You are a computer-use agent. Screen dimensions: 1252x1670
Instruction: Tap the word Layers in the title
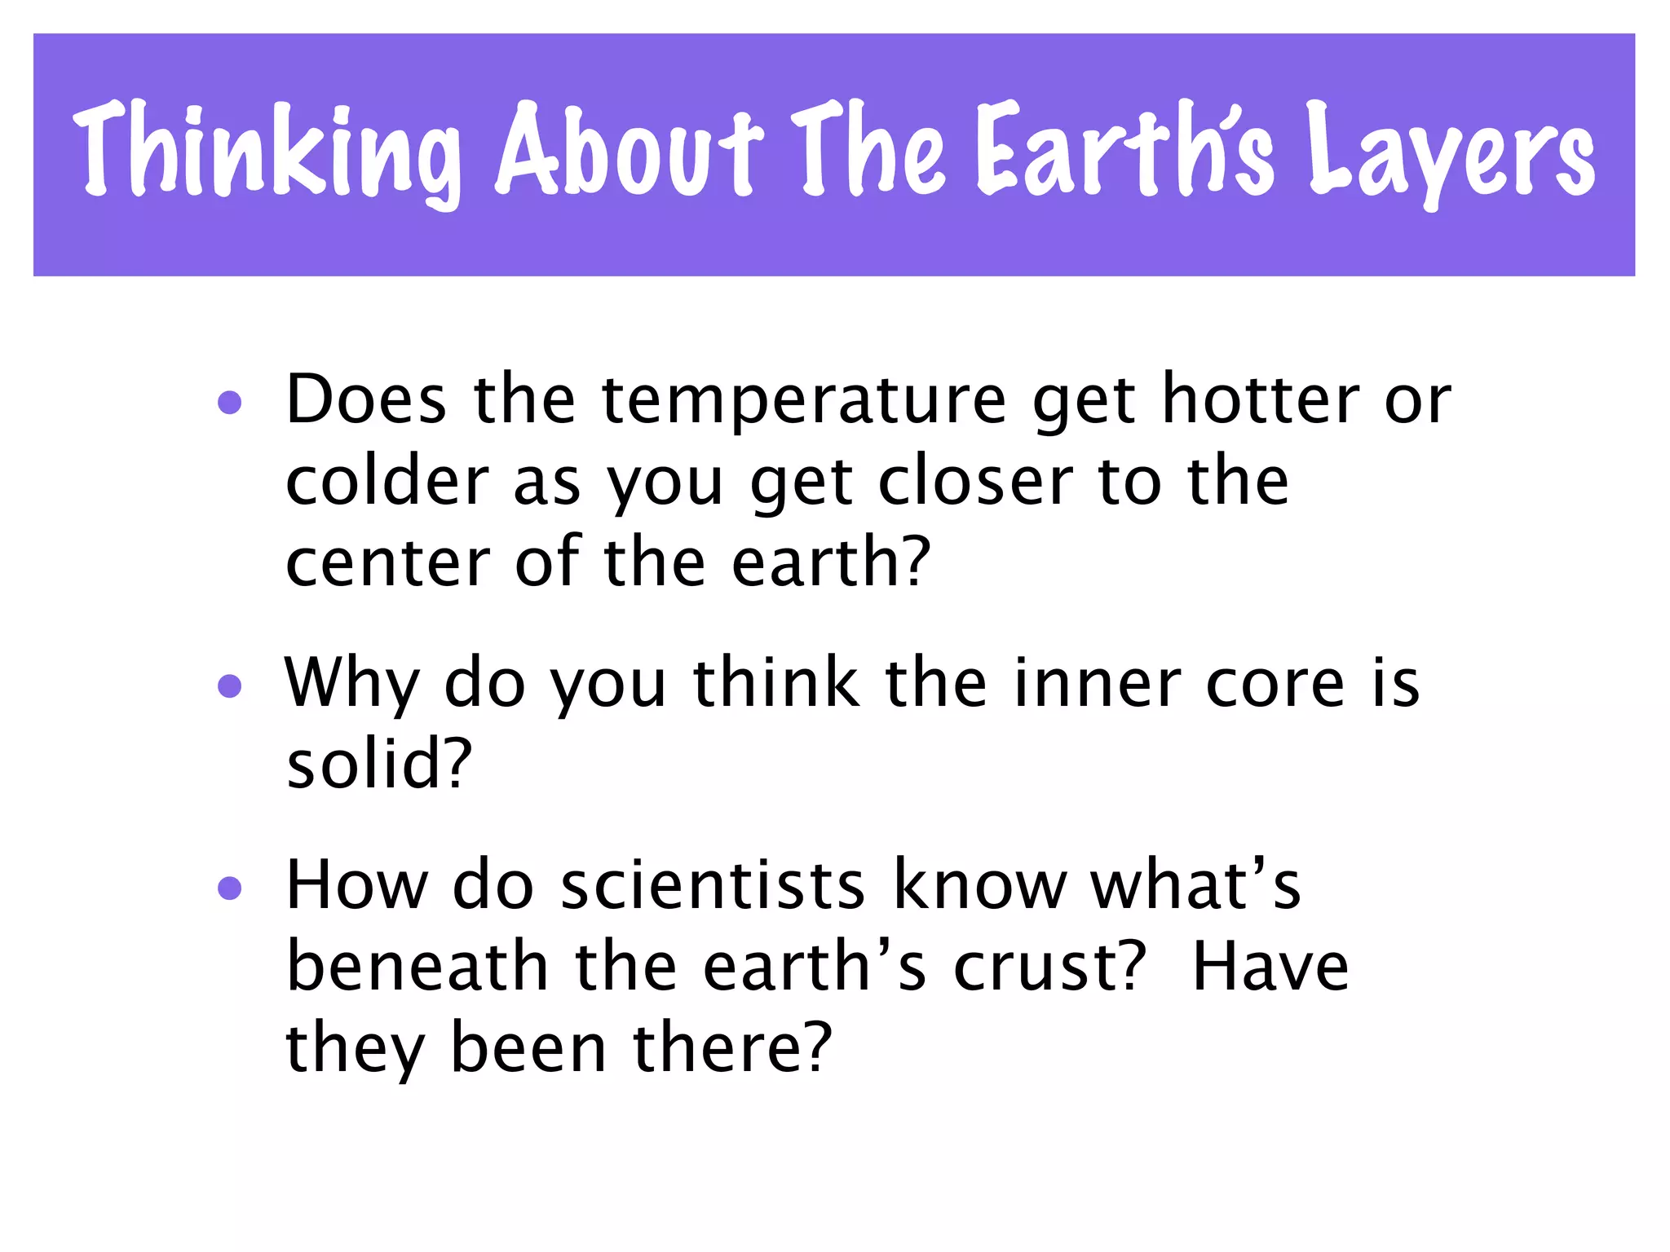(x=1451, y=155)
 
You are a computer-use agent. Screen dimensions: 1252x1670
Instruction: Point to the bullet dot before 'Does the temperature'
(x=230, y=403)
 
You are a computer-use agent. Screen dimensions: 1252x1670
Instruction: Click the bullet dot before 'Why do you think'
(x=230, y=686)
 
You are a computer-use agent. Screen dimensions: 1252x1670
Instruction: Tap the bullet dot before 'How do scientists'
(x=230, y=888)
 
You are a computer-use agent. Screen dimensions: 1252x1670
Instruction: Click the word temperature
(x=804, y=401)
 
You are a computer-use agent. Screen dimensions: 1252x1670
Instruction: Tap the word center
(x=387, y=564)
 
